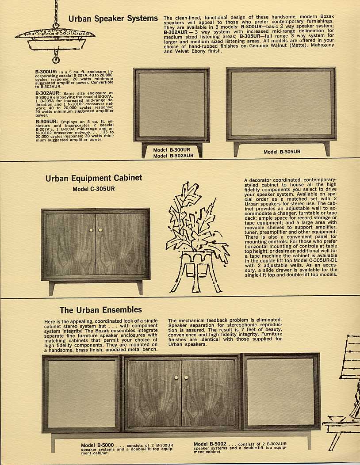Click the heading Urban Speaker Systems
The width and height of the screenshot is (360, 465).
[x=113, y=19]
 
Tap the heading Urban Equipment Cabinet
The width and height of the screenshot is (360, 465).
[x=94, y=178]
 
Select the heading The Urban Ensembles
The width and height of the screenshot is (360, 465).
[x=100, y=310]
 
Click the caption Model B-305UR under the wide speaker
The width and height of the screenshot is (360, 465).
[x=282, y=152]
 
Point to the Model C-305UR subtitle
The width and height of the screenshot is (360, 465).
[x=93, y=189]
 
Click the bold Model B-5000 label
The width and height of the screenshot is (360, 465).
[x=97, y=445]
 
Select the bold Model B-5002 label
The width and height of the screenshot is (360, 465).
[x=210, y=444]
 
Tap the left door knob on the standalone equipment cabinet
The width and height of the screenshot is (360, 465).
[x=91, y=230]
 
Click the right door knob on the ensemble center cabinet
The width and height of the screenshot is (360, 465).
[x=186, y=377]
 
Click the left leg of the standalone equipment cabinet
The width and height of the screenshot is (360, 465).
[x=52, y=288]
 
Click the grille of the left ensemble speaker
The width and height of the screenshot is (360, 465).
[x=82, y=394]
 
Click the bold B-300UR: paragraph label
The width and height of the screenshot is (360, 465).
[x=46, y=72]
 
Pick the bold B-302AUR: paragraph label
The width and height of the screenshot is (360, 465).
[x=47, y=93]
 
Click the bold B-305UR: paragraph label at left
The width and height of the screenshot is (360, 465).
[x=46, y=122]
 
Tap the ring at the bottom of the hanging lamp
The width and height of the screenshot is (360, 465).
[x=55, y=60]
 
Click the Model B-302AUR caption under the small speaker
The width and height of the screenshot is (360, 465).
[x=173, y=156]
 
